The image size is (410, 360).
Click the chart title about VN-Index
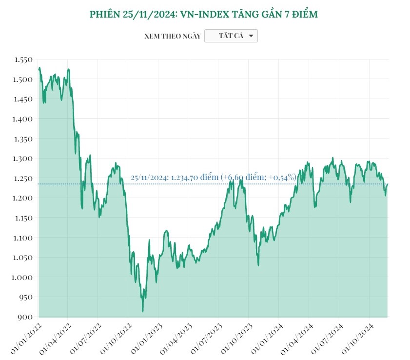click(x=204, y=15)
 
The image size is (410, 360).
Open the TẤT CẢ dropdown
click(x=231, y=36)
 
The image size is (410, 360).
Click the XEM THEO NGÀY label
click(x=172, y=36)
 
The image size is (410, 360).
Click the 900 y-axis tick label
click(x=25, y=317)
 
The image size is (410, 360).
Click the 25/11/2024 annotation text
click(x=213, y=178)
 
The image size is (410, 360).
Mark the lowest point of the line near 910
click(x=143, y=311)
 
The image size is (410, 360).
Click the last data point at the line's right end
click(x=388, y=184)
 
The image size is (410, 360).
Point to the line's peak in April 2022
click(x=69, y=69)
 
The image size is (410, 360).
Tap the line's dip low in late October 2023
click(x=258, y=265)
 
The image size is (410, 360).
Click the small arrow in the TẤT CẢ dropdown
click(x=251, y=36)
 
